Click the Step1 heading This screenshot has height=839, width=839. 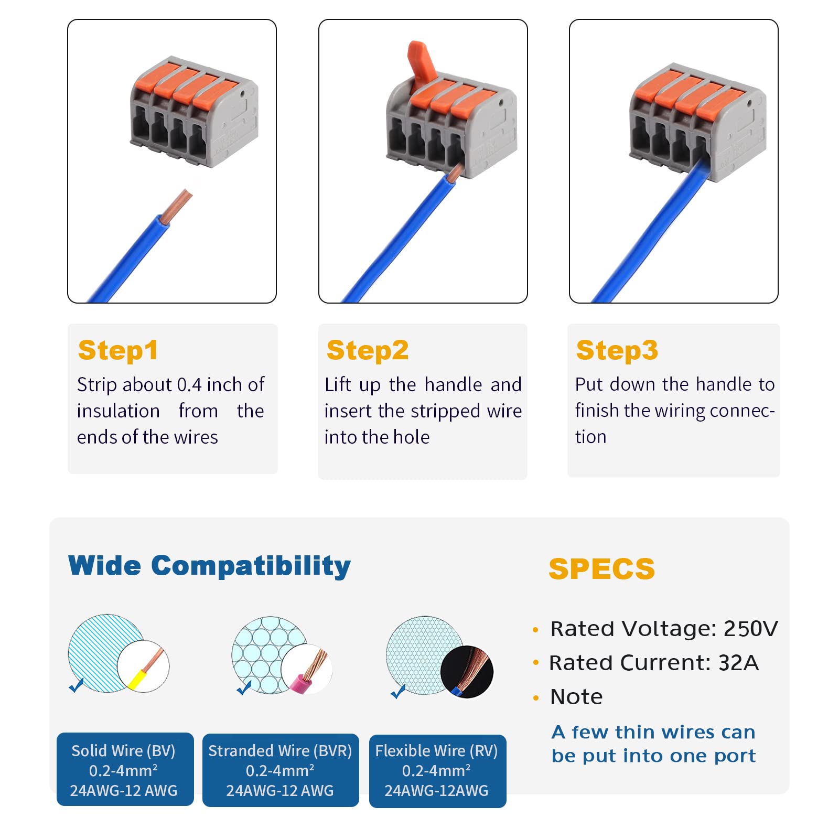[x=118, y=350]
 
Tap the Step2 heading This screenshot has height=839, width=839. [x=367, y=350]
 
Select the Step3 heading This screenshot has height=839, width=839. [x=617, y=350]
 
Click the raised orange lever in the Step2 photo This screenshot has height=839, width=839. [x=422, y=60]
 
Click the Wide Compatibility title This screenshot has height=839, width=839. [x=209, y=566]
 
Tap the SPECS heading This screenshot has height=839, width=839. [x=601, y=569]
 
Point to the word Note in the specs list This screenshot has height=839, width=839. [x=576, y=697]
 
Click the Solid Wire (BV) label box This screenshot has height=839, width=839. [x=125, y=769]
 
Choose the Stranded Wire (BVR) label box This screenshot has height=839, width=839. [x=281, y=770]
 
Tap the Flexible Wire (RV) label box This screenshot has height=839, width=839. [x=437, y=771]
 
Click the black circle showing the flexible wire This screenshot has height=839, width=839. [x=467, y=671]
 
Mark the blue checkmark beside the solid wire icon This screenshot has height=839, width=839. [x=77, y=685]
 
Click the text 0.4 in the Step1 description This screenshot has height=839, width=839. [x=189, y=385]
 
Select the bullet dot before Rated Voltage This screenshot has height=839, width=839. [x=535, y=630]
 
